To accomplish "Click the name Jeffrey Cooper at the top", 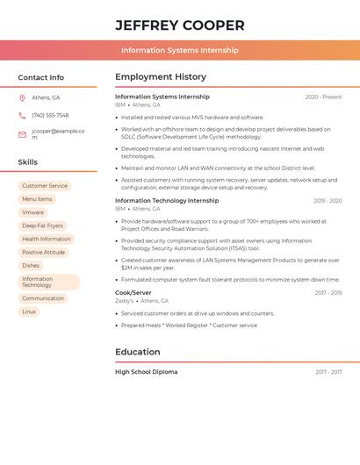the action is tap(180, 25).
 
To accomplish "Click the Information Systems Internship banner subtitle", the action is tap(180, 50).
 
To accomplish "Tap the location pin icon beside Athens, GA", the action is tap(22, 97).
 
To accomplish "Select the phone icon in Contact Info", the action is tap(22, 115).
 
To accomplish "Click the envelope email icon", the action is tap(22, 134).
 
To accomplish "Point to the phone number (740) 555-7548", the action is tap(50, 115).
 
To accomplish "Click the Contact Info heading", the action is tap(41, 77).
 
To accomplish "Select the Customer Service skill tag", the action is tap(45, 186).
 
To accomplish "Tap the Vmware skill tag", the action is tap(32, 212).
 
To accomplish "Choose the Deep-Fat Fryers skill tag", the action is tap(42, 225).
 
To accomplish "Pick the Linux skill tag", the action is tap(29, 311).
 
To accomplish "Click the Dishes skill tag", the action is tap(31, 265).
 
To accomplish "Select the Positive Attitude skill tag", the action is tap(44, 252).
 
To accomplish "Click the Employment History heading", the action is tap(161, 77).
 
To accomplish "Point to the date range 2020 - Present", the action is tap(323, 97).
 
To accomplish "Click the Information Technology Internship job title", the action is tap(167, 201).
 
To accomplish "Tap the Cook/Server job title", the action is tap(133, 293).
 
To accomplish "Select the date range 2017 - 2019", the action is tap(328, 293).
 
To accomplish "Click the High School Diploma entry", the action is tap(146, 372).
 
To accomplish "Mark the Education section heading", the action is tap(138, 352).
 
